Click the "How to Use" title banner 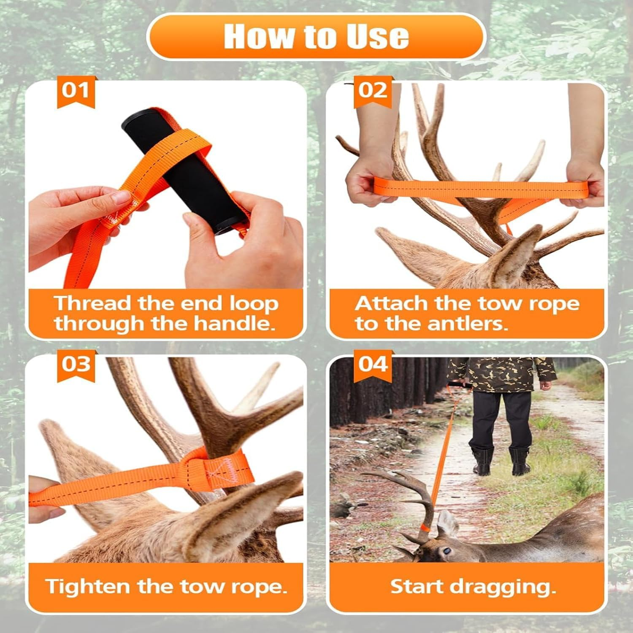[316, 37]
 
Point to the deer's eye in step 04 [446, 551]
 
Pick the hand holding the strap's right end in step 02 [584, 179]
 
